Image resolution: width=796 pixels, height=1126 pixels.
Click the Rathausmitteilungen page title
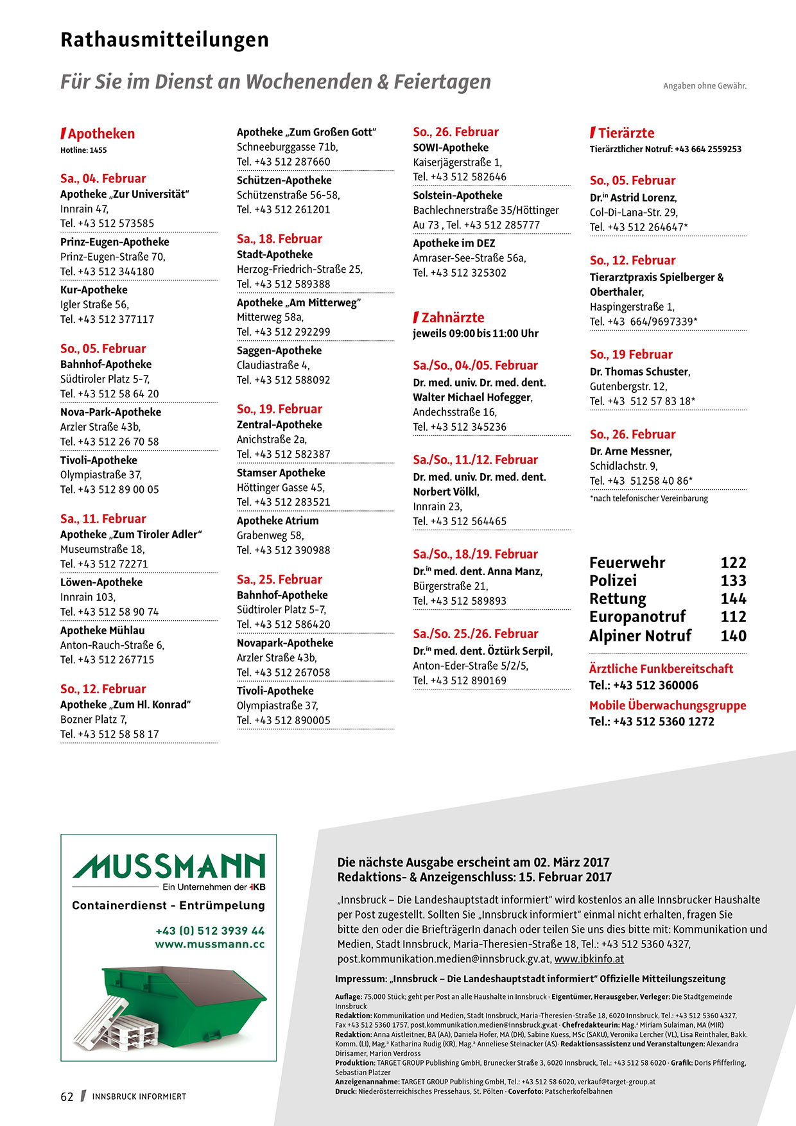tap(164, 40)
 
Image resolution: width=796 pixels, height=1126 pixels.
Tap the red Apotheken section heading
tap(101, 134)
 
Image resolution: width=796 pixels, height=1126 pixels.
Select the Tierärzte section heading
tap(625, 133)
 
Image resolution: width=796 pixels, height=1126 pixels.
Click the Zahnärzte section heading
tap(452, 317)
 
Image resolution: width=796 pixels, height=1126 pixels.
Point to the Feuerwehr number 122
tap(733, 563)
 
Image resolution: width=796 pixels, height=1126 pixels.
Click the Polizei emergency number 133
tap(733, 581)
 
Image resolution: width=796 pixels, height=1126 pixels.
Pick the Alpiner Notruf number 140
tap(733, 636)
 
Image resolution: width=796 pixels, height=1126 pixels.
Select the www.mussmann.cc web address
tap(209, 944)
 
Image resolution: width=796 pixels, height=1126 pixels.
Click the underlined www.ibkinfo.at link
tap(589, 959)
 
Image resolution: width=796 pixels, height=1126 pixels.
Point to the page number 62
tap(67, 1096)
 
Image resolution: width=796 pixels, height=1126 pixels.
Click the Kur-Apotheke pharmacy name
tap(94, 290)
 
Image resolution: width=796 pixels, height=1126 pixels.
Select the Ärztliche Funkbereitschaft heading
tap(661, 668)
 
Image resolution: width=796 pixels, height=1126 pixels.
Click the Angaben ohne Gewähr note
tap(705, 85)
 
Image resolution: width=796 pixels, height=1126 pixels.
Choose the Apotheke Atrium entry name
tap(277, 521)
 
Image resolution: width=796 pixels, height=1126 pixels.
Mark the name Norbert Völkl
tap(446, 492)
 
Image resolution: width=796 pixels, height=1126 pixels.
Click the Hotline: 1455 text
tap(83, 150)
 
